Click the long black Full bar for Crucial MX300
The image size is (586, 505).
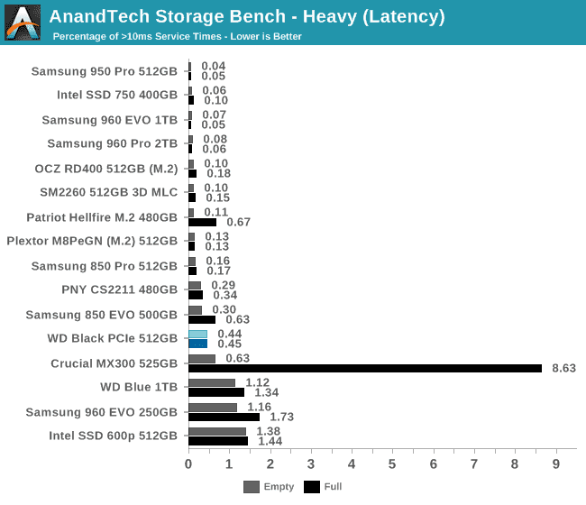[x=365, y=368]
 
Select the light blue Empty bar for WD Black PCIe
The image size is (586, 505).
[x=197, y=334]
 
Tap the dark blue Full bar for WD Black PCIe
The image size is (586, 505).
[x=197, y=344]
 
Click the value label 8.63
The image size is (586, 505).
[x=563, y=368]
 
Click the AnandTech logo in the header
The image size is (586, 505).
[x=23, y=23]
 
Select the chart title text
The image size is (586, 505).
[x=246, y=16]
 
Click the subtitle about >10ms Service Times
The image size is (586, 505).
[x=177, y=37]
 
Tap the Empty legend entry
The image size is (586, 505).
[x=269, y=487]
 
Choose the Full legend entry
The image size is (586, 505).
[x=324, y=487]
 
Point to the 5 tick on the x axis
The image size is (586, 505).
[x=392, y=464]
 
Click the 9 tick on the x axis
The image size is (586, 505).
[x=555, y=464]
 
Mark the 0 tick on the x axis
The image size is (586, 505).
[x=188, y=464]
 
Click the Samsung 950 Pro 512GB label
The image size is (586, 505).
[x=105, y=71]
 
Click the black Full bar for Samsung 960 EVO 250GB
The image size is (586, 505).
[x=224, y=417]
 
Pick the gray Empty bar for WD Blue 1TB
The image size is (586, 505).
[x=212, y=382]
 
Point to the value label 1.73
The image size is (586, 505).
[x=282, y=417]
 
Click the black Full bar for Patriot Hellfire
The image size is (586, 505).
[x=202, y=222]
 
